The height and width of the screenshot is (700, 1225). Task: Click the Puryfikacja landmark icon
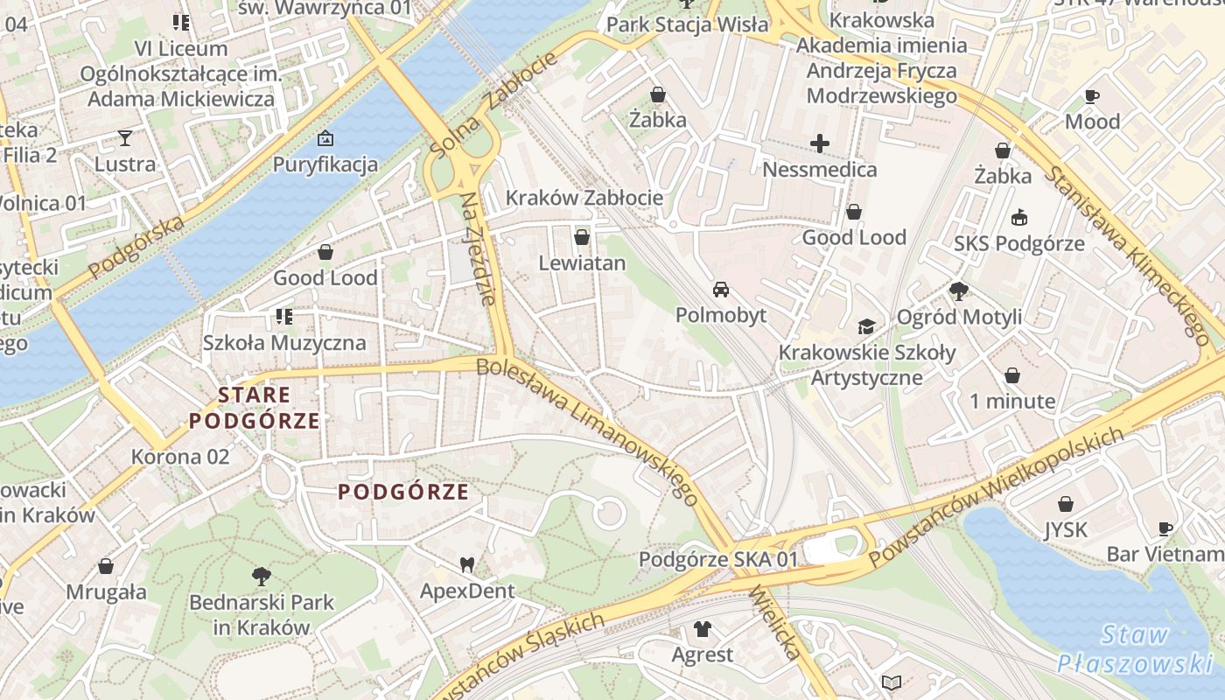(x=325, y=138)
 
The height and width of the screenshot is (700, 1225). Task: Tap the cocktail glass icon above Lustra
(x=125, y=137)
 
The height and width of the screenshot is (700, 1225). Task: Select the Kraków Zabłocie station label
(x=584, y=198)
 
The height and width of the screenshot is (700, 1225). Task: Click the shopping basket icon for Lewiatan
(x=582, y=237)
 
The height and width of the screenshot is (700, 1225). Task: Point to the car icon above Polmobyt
(x=721, y=290)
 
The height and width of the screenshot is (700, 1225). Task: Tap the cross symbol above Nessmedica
(x=820, y=143)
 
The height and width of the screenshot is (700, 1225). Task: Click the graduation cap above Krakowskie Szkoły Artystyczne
(x=866, y=327)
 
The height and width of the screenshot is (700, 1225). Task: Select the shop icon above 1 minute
(x=1012, y=375)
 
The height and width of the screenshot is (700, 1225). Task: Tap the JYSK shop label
(x=1066, y=529)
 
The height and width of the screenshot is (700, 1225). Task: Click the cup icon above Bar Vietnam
(x=1165, y=528)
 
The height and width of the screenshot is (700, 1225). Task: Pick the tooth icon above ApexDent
(x=467, y=565)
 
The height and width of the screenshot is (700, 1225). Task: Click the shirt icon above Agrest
(x=702, y=628)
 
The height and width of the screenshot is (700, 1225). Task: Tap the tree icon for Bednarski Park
(x=261, y=576)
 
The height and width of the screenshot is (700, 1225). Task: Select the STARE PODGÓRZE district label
(x=255, y=408)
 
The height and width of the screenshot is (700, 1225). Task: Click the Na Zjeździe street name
(x=479, y=248)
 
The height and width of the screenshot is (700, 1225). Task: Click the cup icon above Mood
(x=1092, y=96)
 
